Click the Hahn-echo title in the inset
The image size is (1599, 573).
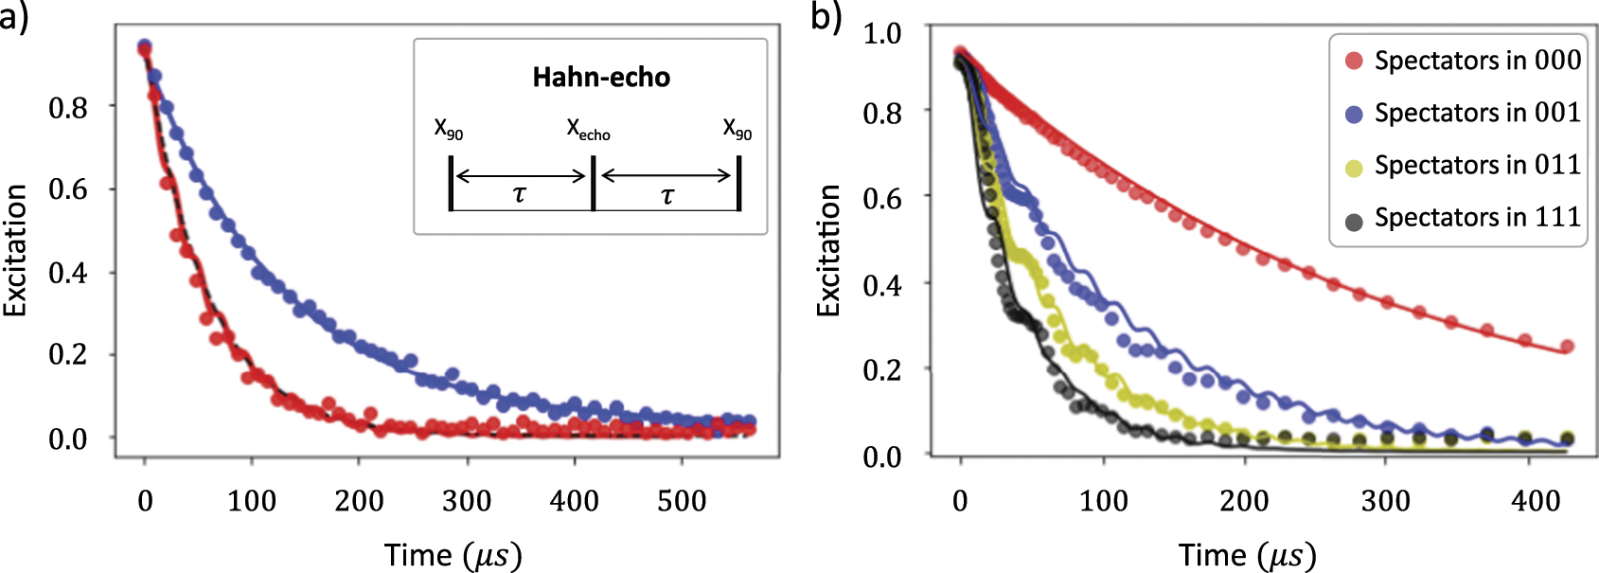click(601, 78)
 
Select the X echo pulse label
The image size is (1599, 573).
click(588, 130)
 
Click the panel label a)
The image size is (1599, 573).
click(14, 16)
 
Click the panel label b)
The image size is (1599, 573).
click(826, 16)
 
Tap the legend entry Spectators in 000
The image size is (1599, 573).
click(1463, 61)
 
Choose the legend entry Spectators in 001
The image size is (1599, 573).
click(1463, 113)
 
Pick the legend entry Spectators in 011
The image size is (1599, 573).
click(1463, 165)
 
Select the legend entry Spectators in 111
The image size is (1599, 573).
click(1463, 217)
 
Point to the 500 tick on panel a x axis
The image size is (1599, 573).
click(682, 501)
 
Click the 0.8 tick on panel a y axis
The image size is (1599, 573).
click(68, 108)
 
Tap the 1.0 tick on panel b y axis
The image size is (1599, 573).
click(881, 33)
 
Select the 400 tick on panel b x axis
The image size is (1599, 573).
click(1536, 501)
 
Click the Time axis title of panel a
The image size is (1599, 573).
click(453, 555)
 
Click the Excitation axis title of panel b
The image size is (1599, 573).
click(828, 251)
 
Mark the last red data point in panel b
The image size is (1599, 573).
click(1566, 347)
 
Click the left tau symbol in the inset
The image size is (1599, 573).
click(519, 195)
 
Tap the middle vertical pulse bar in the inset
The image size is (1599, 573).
click(593, 184)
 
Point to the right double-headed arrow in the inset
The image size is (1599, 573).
click(666, 175)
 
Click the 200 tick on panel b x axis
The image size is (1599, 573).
click(1244, 501)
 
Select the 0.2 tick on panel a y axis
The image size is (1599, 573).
click(68, 355)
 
